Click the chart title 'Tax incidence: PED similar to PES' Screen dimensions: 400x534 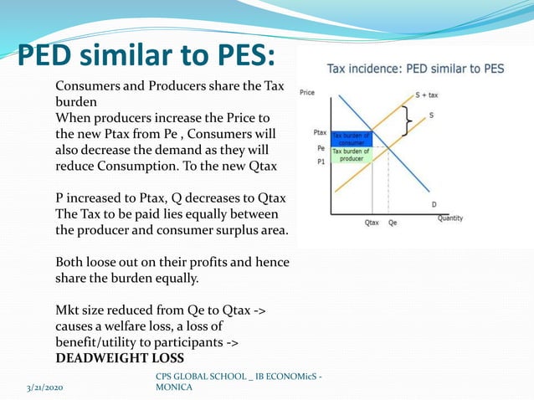(x=415, y=69)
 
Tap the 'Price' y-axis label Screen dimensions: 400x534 (x=307, y=92)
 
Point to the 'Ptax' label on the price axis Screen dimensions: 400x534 (x=320, y=132)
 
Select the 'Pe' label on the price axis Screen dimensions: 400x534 (x=321, y=147)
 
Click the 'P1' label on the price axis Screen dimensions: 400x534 (x=321, y=162)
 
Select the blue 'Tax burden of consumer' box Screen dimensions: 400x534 (x=351, y=138)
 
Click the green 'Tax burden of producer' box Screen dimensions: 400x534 (x=351, y=155)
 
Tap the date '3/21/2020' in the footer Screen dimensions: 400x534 (x=49, y=388)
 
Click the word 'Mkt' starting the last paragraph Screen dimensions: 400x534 (x=68, y=310)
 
